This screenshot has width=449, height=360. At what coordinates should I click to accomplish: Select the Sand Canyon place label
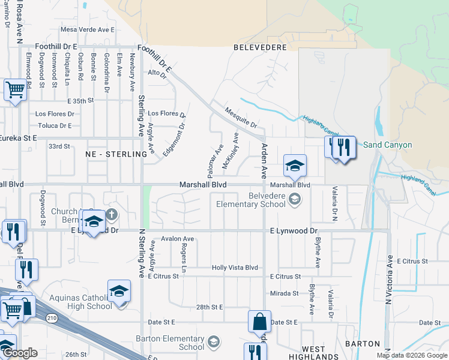coord(387,145)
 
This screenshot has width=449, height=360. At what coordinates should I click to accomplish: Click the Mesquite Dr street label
coord(240,118)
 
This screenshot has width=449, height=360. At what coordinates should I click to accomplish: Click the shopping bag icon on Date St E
coord(259,323)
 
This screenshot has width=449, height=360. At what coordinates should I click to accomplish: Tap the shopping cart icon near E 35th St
coord(15,91)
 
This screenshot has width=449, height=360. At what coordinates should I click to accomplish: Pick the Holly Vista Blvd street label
coord(234,268)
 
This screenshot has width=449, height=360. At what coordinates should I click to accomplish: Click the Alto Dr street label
coord(157,73)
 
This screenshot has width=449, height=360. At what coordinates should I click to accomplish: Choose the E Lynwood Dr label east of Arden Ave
coord(293,230)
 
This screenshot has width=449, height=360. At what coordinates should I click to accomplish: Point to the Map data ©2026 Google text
coord(411,355)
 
